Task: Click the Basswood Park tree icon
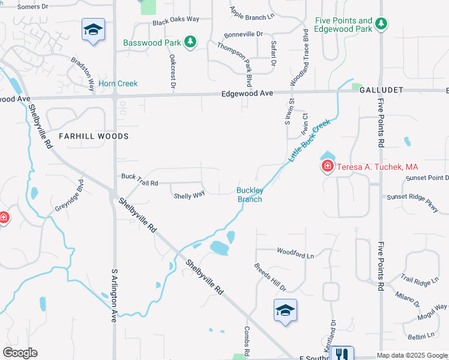point(190,42)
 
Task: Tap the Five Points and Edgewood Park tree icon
point(380,24)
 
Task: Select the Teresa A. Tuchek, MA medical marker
point(328,166)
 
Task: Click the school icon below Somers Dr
point(93,30)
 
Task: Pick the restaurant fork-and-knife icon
point(342,355)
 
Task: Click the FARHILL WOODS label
point(94,137)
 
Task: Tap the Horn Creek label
point(118,84)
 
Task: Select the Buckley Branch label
point(249,195)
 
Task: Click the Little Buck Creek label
point(310,140)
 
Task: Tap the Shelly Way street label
point(189,196)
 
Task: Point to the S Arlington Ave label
point(113,296)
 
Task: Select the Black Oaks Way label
point(175,19)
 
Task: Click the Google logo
point(20,353)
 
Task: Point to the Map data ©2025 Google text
point(411,355)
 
